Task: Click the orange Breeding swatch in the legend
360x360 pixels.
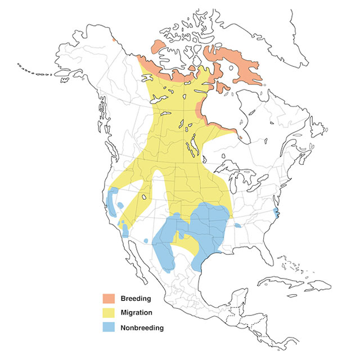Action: pyautogui.click(x=109, y=298)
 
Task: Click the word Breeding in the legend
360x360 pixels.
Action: pyautogui.click(x=134, y=298)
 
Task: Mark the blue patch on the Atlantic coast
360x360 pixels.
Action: pyautogui.click(x=274, y=212)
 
